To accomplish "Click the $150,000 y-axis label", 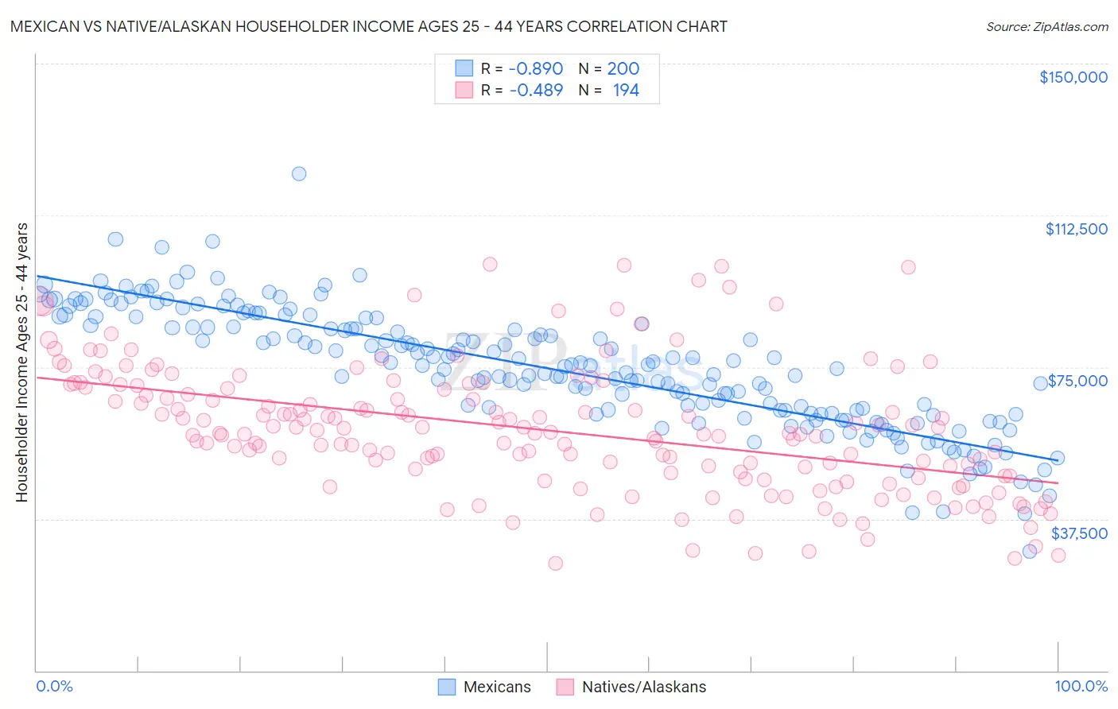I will [x=1073, y=77].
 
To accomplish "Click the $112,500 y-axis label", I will [x=1076, y=229].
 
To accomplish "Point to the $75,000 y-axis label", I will [x=1077, y=381].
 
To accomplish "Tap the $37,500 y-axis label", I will [x=1079, y=533].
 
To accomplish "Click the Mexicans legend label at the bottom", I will [x=497, y=688].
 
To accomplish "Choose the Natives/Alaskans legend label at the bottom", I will [x=644, y=688].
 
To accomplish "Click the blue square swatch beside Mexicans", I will [x=448, y=688].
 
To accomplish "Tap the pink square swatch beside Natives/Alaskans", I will [x=565, y=688].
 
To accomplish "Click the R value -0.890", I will [x=536, y=69].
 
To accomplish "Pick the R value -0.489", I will [x=536, y=91].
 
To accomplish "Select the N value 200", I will [x=623, y=69].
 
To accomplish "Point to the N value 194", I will [x=626, y=91].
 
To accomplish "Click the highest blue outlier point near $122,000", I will [x=299, y=173].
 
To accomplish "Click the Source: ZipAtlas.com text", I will [x=1046, y=27].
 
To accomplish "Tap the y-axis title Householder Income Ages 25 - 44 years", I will [x=22, y=362].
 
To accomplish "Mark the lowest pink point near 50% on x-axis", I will [x=555, y=563].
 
